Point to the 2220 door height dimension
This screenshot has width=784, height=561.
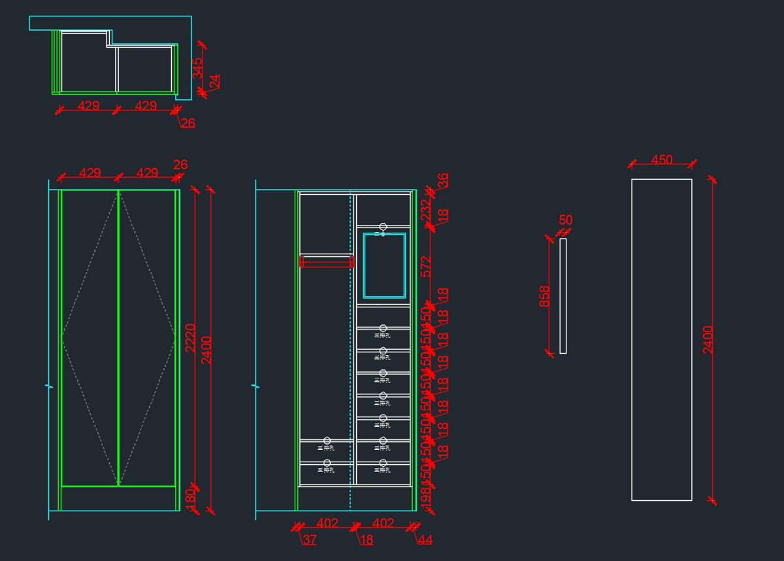pos(190,338)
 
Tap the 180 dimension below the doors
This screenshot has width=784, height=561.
pos(190,496)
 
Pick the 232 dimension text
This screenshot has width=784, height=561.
pos(426,211)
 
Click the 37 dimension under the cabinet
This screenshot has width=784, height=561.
pos(310,540)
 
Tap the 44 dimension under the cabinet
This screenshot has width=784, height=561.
pos(425,540)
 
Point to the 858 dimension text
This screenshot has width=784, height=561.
pos(545,296)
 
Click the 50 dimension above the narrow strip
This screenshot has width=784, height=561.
pos(566,220)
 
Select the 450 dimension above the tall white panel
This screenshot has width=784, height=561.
pos(662,160)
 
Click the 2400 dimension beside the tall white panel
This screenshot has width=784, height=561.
pos(708,339)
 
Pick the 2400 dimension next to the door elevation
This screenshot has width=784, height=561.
pos(206,351)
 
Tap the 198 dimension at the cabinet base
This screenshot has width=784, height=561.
pos(426,498)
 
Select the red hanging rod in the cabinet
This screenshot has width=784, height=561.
pos(327,262)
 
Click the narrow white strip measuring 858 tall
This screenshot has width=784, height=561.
pos(563,296)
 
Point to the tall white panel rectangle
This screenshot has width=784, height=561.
pos(661,339)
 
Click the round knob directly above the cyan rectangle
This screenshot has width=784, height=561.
pos(384,227)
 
